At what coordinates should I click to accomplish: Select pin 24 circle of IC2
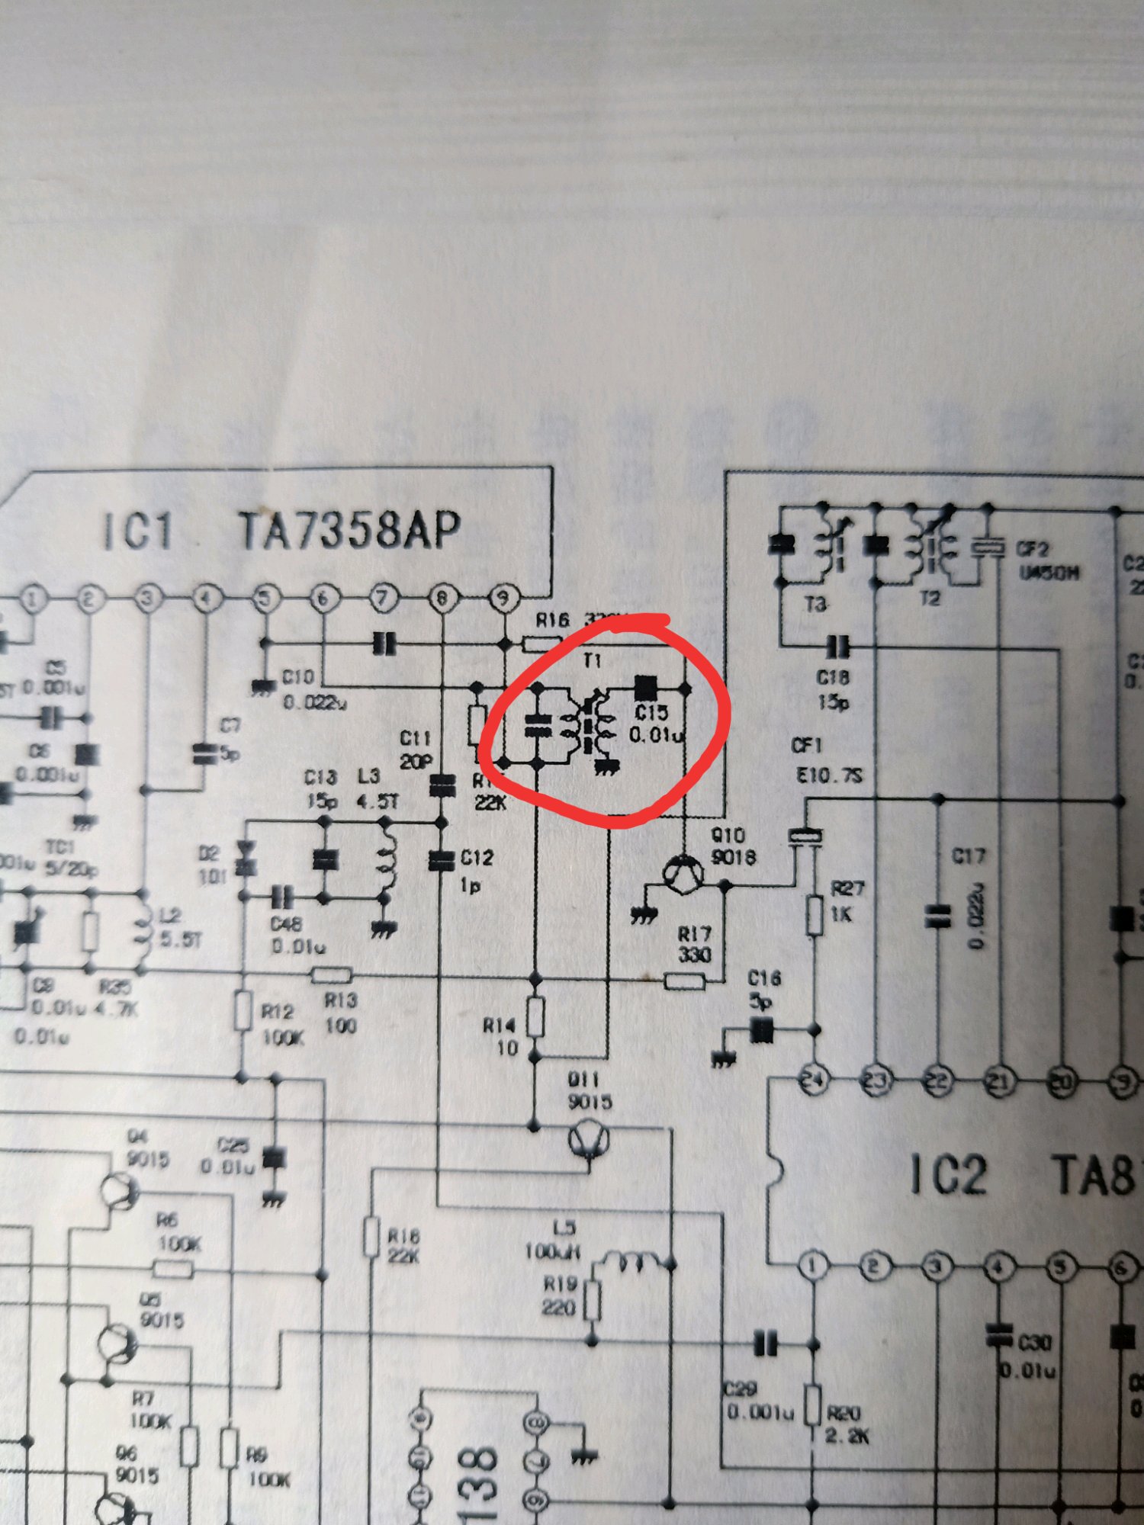click(x=814, y=1080)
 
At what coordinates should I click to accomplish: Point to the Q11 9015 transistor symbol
click(x=589, y=1141)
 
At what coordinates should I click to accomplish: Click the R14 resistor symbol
click(x=536, y=1016)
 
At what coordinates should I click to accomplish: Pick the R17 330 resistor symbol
click(x=684, y=981)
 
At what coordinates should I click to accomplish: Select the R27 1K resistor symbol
click(x=815, y=916)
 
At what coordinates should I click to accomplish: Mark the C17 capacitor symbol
click(x=938, y=916)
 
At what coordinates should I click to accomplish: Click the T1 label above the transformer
click(x=593, y=660)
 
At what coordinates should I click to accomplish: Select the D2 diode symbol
click(x=246, y=859)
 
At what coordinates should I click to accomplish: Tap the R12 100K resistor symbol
click(x=243, y=1012)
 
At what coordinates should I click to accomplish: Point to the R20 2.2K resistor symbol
click(x=813, y=1405)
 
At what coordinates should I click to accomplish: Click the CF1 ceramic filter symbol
click(x=805, y=836)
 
